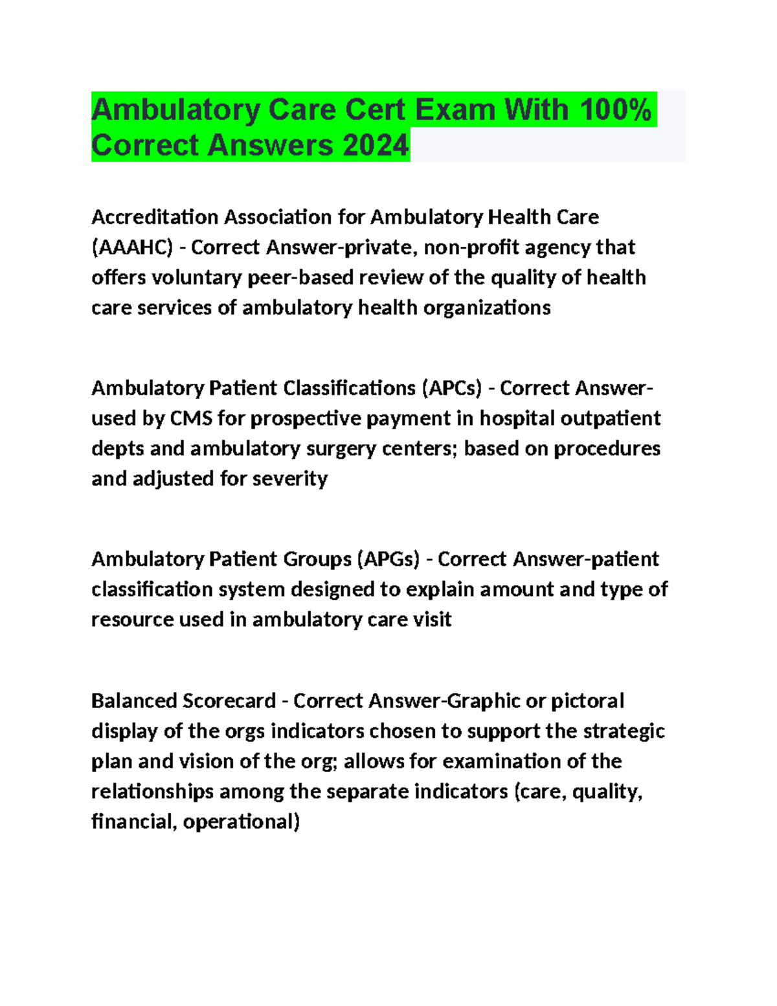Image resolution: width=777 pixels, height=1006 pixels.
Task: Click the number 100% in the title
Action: [x=615, y=109]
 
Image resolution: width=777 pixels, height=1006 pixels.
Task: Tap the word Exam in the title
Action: [x=455, y=109]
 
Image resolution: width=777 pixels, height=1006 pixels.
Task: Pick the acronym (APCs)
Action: [x=451, y=388]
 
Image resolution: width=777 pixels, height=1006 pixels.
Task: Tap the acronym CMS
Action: [x=191, y=418]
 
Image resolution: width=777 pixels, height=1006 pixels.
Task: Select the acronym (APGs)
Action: [x=388, y=559]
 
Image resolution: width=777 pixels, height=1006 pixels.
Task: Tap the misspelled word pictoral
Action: [x=587, y=701]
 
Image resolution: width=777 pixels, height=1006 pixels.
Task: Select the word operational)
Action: [x=241, y=822]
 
